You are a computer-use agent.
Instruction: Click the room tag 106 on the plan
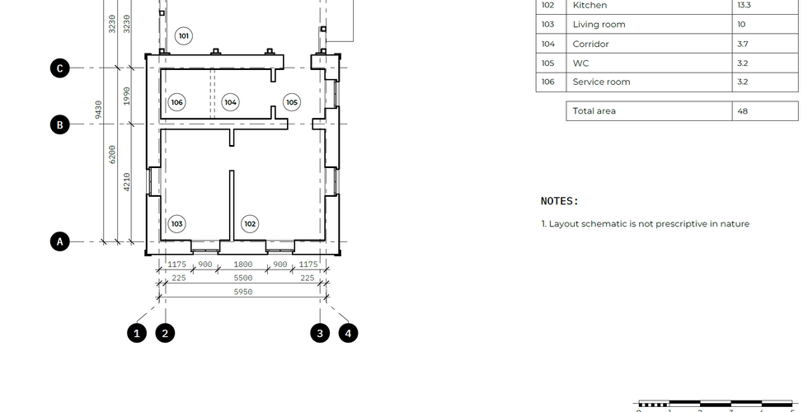point(176,102)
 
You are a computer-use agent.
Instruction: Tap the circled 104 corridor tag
point(230,102)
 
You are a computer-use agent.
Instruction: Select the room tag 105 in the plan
point(292,102)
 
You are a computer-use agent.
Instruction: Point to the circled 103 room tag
point(176,223)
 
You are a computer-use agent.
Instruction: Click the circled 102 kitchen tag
point(250,223)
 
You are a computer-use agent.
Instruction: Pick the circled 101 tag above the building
point(183,36)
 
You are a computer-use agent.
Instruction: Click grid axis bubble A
point(59,241)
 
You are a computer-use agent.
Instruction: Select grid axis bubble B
point(59,124)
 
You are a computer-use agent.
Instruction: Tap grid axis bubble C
point(59,68)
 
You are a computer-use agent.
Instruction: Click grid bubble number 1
point(137,333)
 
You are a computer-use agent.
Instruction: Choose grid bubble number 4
point(348,333)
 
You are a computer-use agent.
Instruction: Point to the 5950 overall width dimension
point(243,292)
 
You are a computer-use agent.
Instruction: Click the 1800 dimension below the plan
point(243,265)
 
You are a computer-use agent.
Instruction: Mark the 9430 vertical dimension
point(98,109)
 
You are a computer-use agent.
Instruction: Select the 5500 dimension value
point(243,279)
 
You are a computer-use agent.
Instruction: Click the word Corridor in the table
point(590,44)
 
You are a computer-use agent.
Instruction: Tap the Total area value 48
point(743,110)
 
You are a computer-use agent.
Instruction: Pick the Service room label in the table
point(601,82)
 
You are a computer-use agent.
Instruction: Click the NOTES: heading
point(560,201)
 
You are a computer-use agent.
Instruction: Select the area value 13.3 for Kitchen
point(744,5)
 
